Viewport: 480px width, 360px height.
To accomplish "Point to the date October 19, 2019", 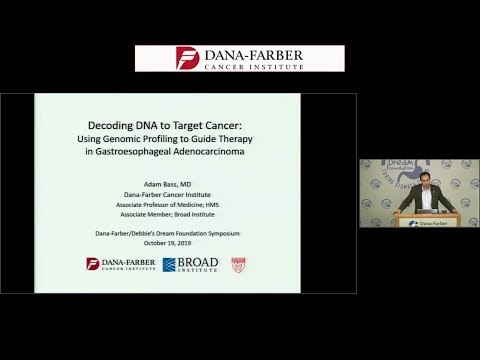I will point(159,243).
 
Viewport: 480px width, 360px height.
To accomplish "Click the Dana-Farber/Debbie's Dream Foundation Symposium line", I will point(159,233).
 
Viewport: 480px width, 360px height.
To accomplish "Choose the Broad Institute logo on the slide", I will point(190,265).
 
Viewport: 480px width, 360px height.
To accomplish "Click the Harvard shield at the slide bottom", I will point(238,265).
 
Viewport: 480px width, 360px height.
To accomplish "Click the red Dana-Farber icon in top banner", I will point(187,58).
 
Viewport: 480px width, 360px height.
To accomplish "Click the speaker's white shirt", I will point(420,194).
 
